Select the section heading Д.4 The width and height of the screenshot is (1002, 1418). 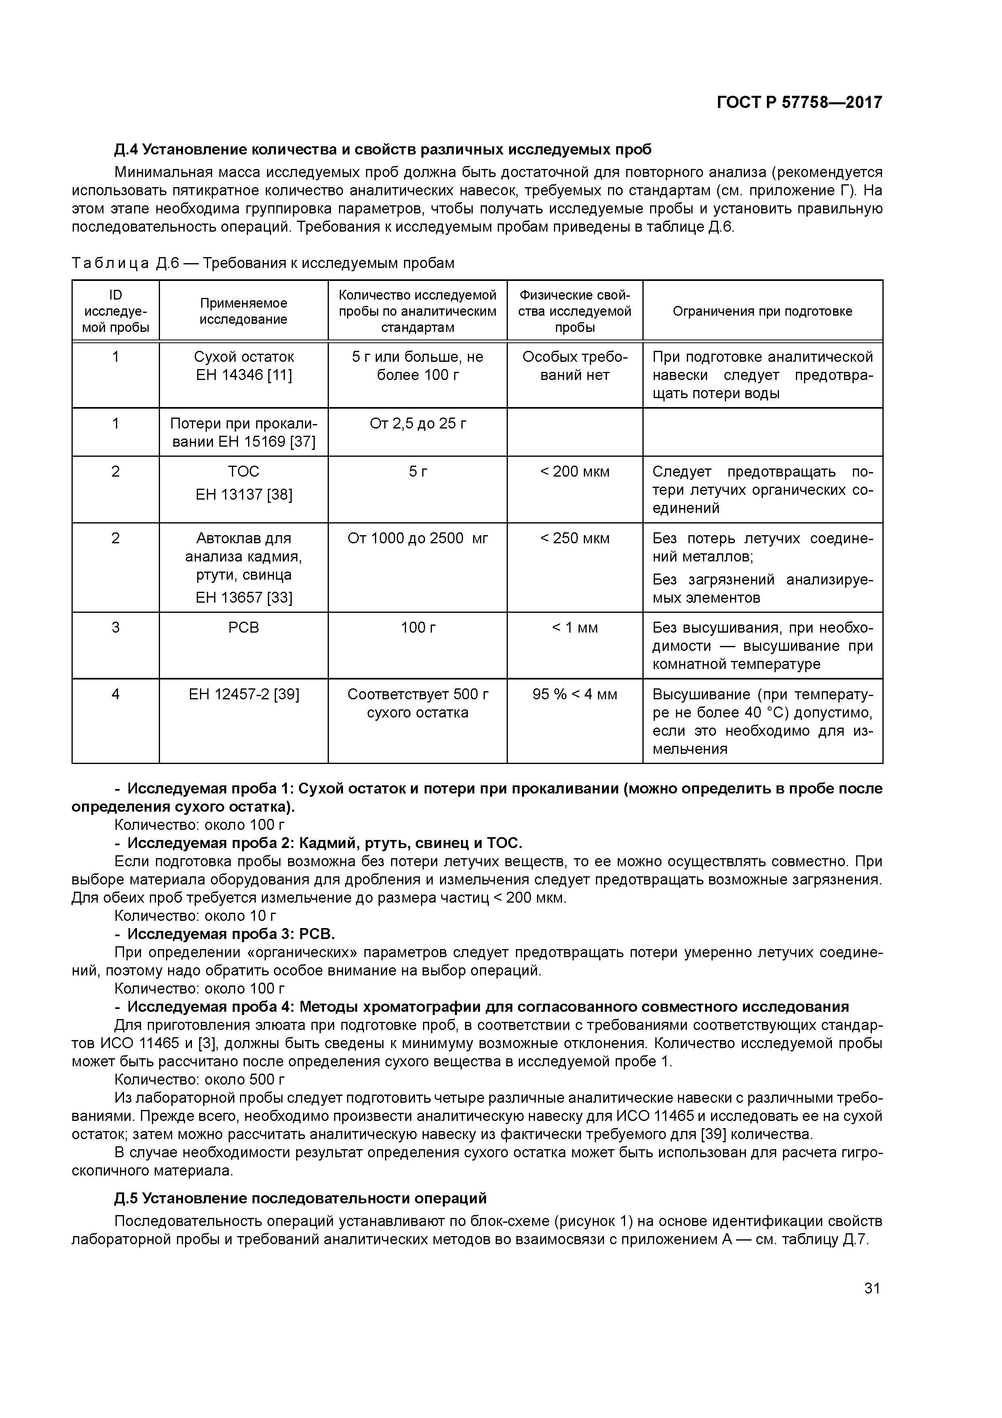point(383,150)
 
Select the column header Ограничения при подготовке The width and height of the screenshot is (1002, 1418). point(762,311)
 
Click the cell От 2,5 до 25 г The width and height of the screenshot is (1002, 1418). point(417,424)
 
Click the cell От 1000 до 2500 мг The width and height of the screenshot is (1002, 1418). point(417,538)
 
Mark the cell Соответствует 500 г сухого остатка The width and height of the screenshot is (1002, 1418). point(417,703)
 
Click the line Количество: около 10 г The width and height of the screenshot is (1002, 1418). point(196,915)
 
